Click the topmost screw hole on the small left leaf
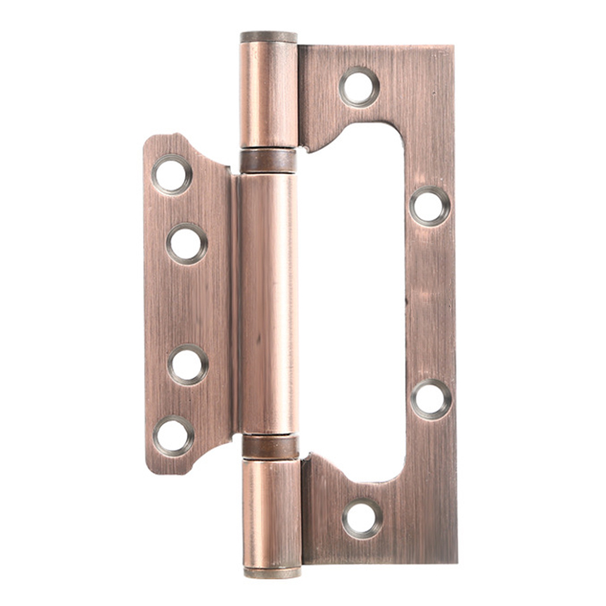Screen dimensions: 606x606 pos(172,174)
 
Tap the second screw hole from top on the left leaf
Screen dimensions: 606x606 pos(186,243)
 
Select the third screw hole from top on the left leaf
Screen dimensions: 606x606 pos(187,364)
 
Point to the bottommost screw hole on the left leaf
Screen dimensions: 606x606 pos(173,436)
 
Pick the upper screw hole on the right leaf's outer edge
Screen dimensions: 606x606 pos(430,206)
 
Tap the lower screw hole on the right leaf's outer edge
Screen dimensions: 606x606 pos(431,398)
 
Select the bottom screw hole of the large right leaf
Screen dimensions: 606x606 pos(362,518)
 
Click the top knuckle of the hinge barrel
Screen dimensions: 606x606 pos(268,95)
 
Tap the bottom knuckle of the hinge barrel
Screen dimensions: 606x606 pos(271,511)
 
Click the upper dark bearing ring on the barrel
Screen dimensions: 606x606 pos(268,161)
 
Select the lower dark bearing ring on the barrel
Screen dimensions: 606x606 pos(270,446)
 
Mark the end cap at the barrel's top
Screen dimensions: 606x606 pos(268,36)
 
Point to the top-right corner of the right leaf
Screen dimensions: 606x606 pos(452,48)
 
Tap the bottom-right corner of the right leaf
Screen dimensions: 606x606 pos(455,561)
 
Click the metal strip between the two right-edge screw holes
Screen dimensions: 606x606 pos(430,303)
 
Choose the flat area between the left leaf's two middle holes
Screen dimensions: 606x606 pos(187,303)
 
